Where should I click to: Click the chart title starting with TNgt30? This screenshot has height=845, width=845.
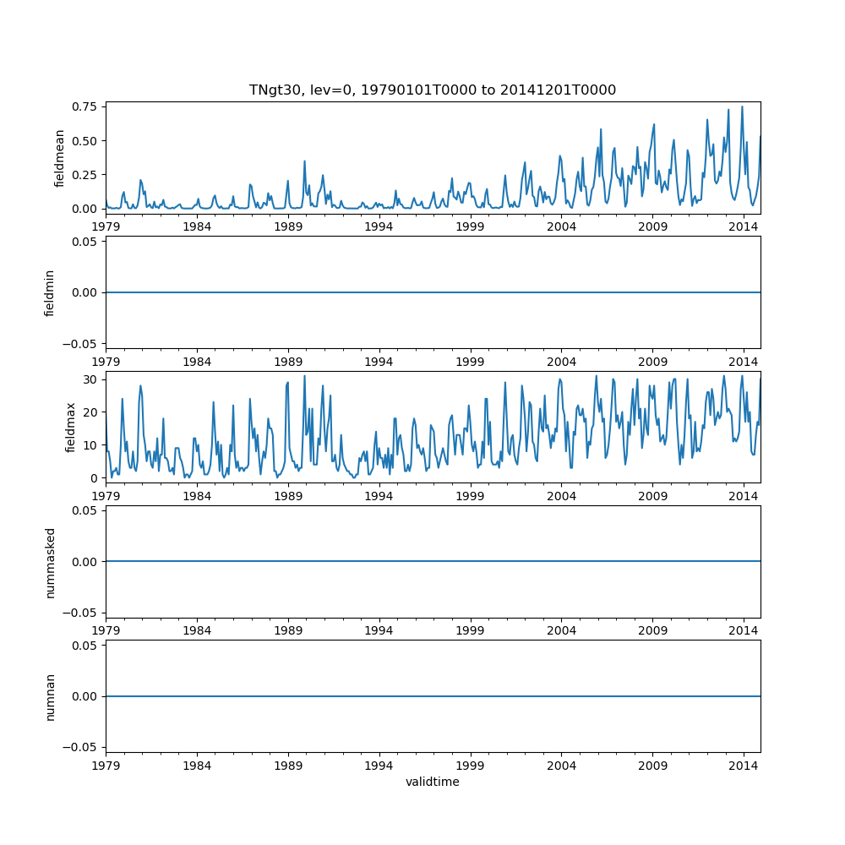(x=433, y=90)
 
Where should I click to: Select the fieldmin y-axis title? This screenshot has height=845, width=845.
(x=50, y=292)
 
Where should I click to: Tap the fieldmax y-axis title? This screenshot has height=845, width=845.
(x=71, y=428)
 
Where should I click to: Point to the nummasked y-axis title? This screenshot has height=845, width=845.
(x=50, y=562)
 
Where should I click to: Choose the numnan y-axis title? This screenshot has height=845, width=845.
(x=50, y=696)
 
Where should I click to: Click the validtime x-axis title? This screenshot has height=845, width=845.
(x=433, y=782)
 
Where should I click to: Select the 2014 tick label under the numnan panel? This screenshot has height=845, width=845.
(x=744, y=765)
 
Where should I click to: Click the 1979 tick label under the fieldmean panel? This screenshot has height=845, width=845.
(x=106, y=226)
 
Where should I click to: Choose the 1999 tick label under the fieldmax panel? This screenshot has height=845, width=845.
(x=470, y=496)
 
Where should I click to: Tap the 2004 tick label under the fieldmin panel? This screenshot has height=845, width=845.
(x=561, y=361)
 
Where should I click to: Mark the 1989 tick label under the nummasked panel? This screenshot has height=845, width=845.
(x=288, y=630)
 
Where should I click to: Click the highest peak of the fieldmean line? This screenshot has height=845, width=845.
(x=742, y=106)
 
